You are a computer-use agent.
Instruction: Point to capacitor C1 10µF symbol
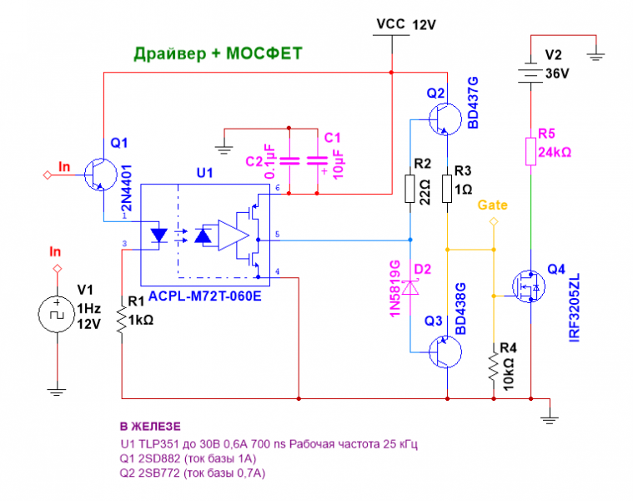(316, 162)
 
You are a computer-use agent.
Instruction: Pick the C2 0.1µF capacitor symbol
(289, 162)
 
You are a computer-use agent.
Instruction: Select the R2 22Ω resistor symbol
(410, 189)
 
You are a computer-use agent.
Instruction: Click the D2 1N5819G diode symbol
(410, 286)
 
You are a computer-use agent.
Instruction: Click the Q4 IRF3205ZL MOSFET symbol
(525, 287)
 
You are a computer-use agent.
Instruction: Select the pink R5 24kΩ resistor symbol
(531, 152)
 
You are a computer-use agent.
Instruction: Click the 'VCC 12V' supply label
(406, 25)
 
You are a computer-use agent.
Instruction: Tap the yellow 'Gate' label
(492, 205)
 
